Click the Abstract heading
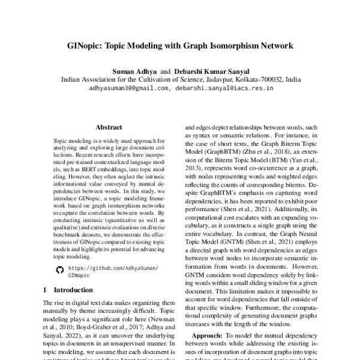click(109, 128)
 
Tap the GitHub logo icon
click(59, 270)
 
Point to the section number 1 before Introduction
click(46, 290)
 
